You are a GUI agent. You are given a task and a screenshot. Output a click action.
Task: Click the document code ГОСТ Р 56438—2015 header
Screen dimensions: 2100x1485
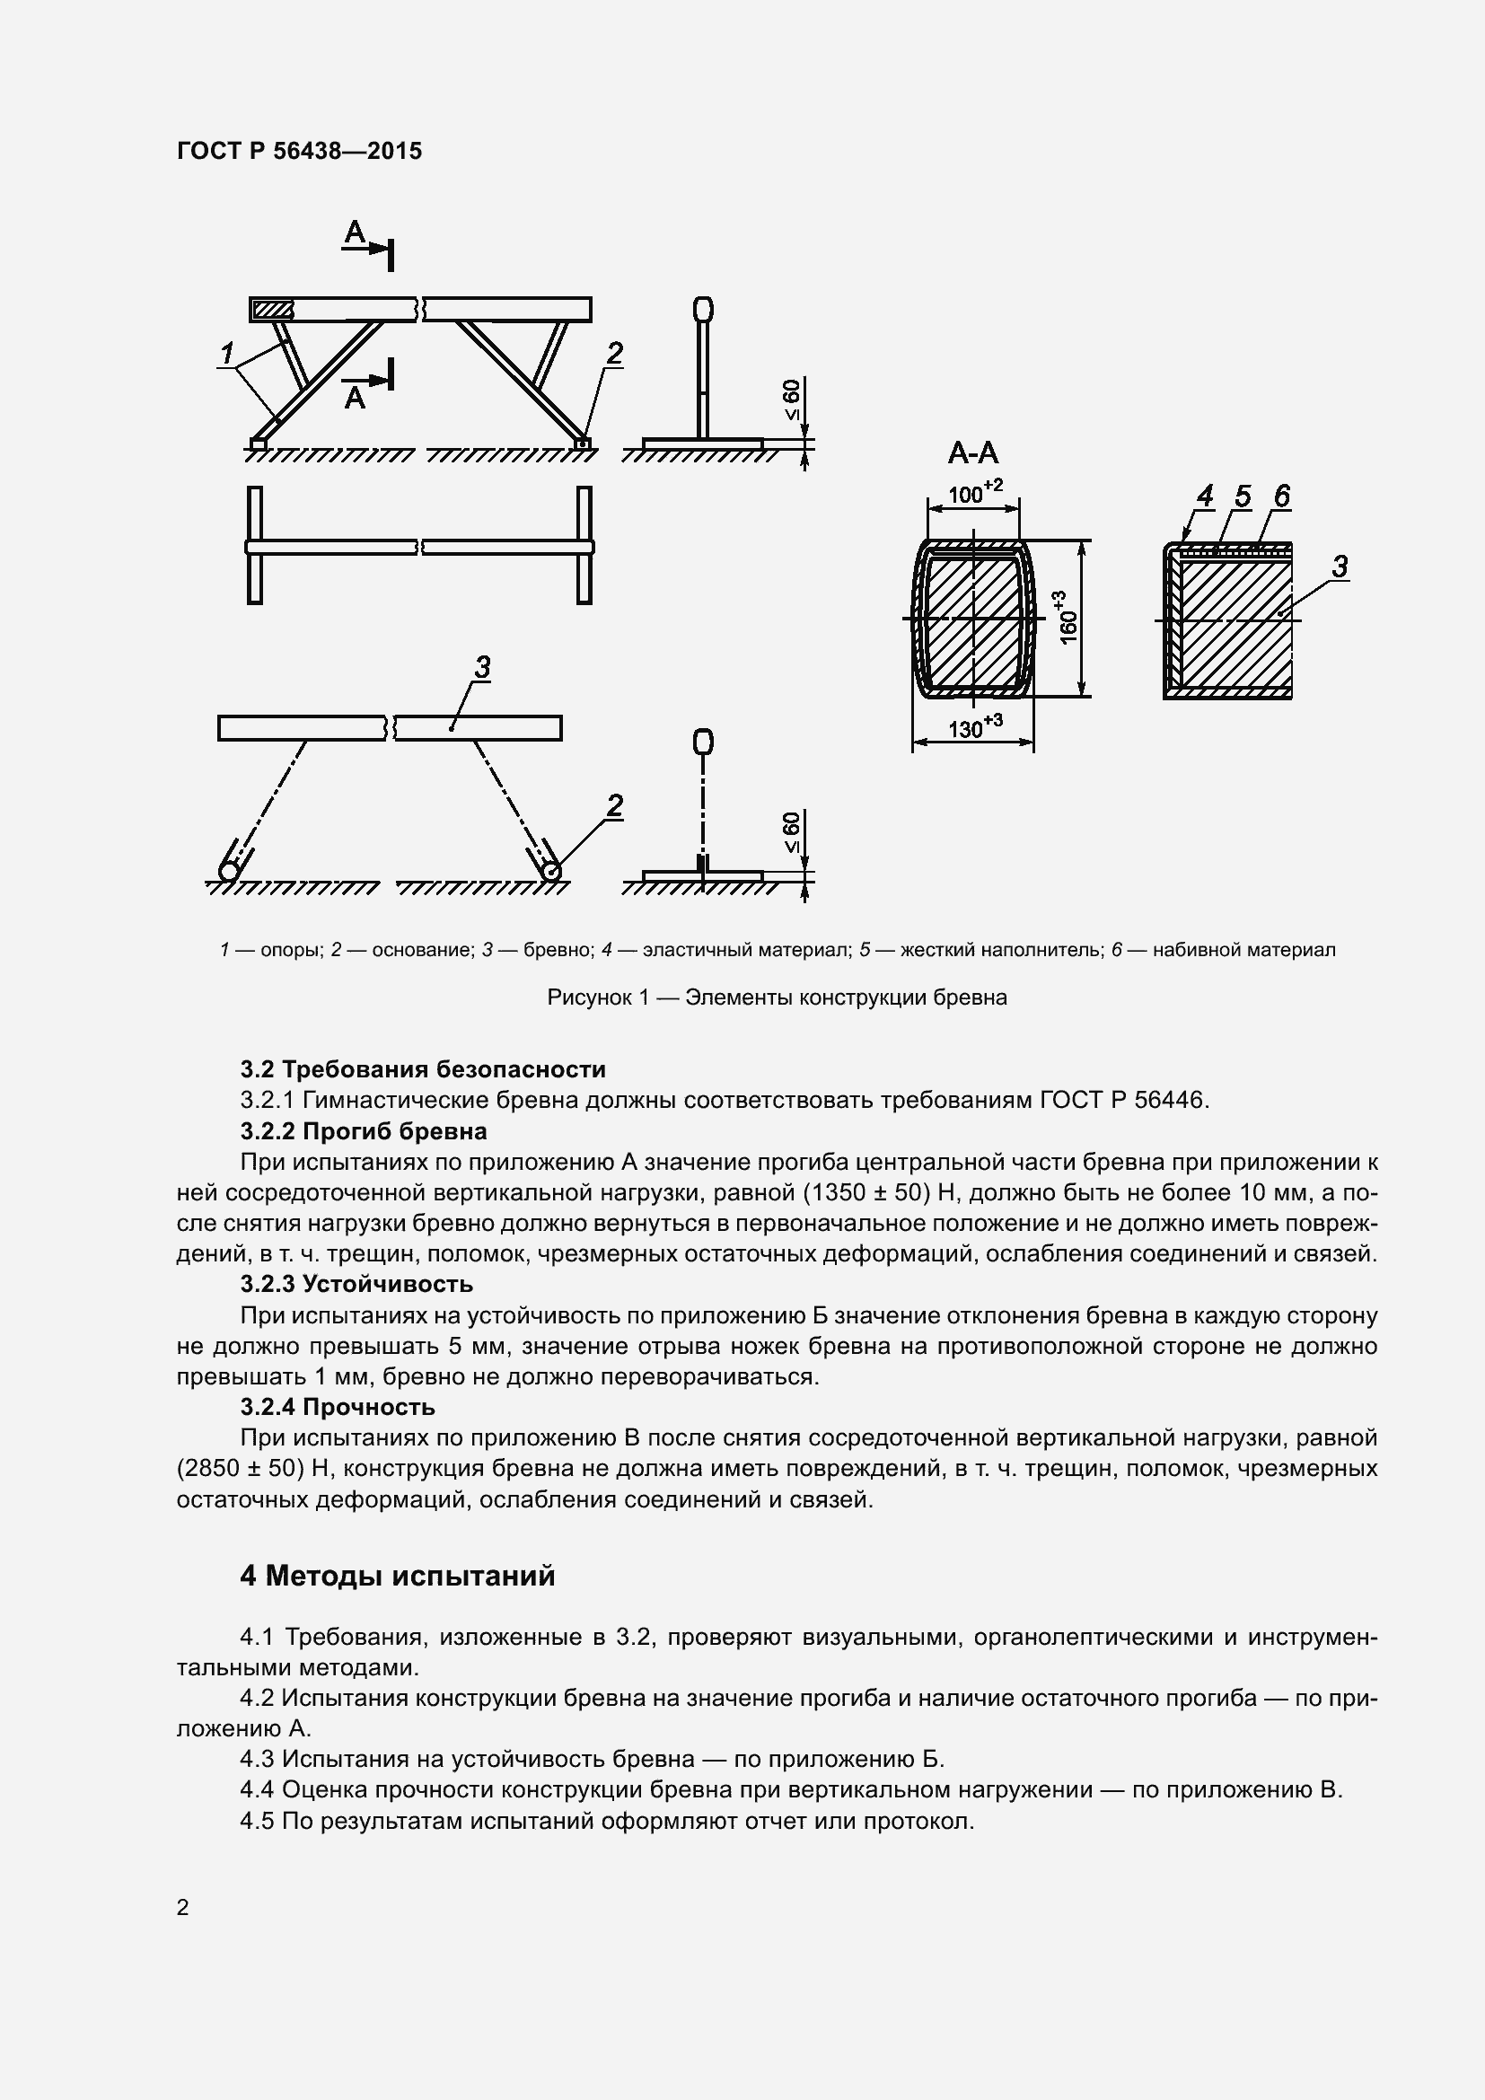(299, 151)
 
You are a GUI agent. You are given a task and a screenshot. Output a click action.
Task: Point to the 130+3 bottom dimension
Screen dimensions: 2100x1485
(974, 728)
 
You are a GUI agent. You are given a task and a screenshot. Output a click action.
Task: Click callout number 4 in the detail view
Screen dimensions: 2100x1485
(1204, 496)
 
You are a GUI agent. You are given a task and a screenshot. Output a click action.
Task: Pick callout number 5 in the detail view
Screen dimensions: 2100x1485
(1242, 496)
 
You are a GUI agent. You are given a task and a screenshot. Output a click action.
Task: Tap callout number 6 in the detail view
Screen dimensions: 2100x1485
(1281, 496)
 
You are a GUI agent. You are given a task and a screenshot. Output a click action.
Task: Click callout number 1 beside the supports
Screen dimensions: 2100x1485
(227, 352)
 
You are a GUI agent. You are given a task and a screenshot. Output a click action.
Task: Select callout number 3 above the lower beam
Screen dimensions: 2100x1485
(482, 667)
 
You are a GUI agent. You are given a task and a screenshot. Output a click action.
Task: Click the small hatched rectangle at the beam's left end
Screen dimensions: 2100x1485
(273, 310)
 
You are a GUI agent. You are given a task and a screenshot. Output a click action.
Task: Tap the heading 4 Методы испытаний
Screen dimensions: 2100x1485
(397, 1575)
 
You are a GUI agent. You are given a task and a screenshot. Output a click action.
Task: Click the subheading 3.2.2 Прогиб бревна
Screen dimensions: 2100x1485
(363, 1131)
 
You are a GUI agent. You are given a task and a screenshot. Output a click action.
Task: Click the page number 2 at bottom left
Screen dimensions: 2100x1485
(183, 1907)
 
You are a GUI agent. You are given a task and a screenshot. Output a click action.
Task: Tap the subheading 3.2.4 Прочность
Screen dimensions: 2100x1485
(337, 1407)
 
